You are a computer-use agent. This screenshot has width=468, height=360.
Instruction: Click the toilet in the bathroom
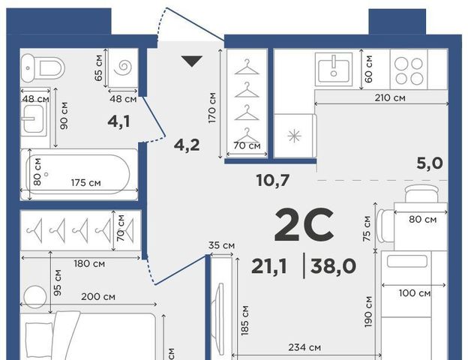pyautogui.click(x=43, y=68)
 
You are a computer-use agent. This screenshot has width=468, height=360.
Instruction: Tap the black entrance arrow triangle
pyautogui.click(x=192, y=61)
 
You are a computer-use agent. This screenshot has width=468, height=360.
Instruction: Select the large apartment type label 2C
pyautogui.click(x=304, y=225)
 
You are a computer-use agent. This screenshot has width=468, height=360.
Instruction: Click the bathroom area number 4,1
pyautogui.click(x=119, y=121)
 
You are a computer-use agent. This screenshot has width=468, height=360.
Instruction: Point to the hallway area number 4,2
pyautogui.click(x=187, y=145)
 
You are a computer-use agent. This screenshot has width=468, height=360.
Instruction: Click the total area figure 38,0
pyautogui.click(x=333, y=266)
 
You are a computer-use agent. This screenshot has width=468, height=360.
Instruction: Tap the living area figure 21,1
pyautogui.click(x=269, y=266)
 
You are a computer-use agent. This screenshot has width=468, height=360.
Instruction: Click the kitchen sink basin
pyautogui.click(x=334, y=68)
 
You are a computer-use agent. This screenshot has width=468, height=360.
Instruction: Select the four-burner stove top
pyautogui.click(x=409, y=70)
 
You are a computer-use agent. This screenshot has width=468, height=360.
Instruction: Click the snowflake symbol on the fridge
pyautogui.click(x=294, y=136)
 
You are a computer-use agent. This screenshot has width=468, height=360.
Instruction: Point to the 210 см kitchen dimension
pyautogui.click(x=390, y=97)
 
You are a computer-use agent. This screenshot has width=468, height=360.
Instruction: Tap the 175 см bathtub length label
pyautogui.click(x=86, y=182)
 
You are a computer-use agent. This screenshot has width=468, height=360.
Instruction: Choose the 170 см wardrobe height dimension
pyautogui.click(x=212, y=108)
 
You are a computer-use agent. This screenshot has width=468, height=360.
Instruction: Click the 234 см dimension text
pyautogui.click(x=304, y=347)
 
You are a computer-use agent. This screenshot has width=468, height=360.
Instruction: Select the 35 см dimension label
pyautogui.click(x=221, y=245)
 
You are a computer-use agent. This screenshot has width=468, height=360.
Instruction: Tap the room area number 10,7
pyautogui.click(x=273, y=180)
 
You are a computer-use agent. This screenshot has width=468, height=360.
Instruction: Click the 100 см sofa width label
pyautogui.click(x=415, y=293)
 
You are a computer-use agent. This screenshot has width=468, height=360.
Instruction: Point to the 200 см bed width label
pyautogui.click(x=98, y=297)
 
